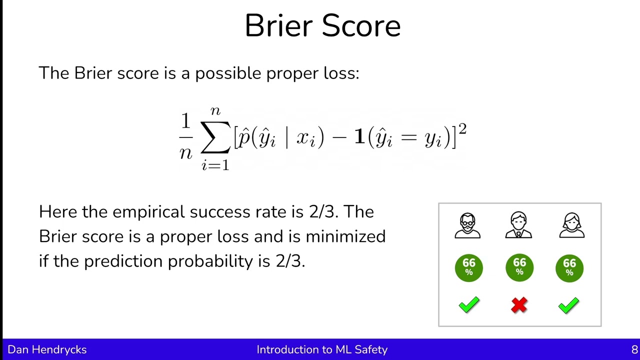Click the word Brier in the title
click(x=280, y=26)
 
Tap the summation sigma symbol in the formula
click(x=215, y=137)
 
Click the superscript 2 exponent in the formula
click(x=462, y=129)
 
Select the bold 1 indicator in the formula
click(x=359, y=137)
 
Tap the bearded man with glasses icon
click(x=468, y=226)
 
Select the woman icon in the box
click(x=571, y=225)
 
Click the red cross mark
click(x=519, y=305)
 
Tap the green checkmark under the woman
click(x=569, y=305)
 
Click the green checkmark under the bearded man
click(x=468, y=305)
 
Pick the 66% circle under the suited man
click(x=519, y=267)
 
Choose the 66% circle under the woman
click(x=569, y=267)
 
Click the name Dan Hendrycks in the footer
click(x=47, y=349)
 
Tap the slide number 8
click(x=634, y=349)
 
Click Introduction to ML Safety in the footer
click(x=322, y=349)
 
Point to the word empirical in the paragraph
click(x=148, y=212)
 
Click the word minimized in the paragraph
click(x=345, y=236)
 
